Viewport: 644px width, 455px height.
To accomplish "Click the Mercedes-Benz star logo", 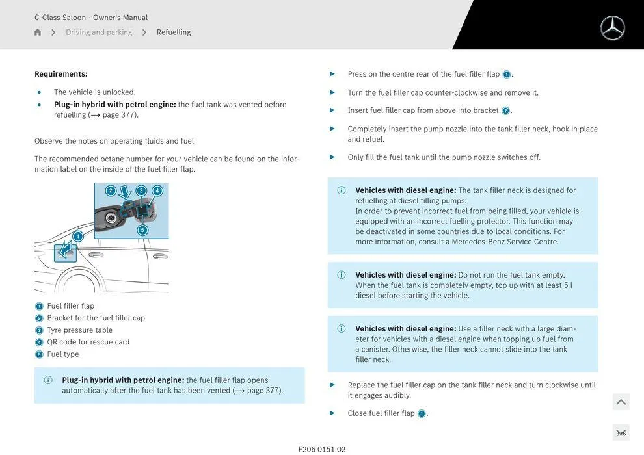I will (x=612, y=28).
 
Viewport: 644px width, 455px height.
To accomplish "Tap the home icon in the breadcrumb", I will (x=38, y=32).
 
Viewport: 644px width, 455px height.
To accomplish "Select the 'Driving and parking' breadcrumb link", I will (x=99, y=32).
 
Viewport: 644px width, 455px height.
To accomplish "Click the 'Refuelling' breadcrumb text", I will (x=174, y=32).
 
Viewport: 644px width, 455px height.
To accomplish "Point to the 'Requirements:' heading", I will (x=61, y=74).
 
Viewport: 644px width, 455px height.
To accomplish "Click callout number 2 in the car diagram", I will (x=111, y=190).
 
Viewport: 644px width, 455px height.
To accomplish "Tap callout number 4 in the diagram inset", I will (x=157, y=190).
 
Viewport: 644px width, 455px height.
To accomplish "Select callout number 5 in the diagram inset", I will (x=142, y=230).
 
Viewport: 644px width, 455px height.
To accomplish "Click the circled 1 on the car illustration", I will (x=77, y=236).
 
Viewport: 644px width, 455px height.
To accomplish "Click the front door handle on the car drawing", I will (x=96, y=255).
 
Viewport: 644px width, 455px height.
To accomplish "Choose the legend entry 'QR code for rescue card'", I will (x=88, y=342).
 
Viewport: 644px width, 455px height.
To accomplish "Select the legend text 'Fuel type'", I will (x=63, y=354).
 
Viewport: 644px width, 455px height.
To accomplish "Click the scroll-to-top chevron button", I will (x=621, y=402).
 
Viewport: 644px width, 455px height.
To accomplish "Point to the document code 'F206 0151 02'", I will (x=322, y=449).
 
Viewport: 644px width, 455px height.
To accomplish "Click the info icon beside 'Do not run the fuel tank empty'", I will (x=342, y=275).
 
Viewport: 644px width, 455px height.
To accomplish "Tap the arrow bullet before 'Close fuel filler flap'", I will (x=332, y=413).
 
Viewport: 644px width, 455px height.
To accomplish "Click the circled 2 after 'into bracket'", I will (x=505, y=111).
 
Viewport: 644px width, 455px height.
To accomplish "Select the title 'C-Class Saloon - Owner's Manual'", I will (x=91, y=18).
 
